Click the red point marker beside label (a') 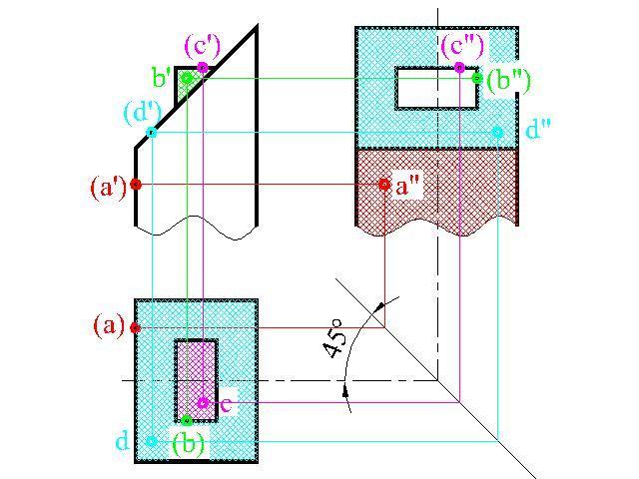point(136,185)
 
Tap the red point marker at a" point(384,185)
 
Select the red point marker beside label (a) point(136,327)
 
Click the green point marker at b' point(187,77)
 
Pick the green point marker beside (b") point(477,77)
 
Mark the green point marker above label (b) point(187,420)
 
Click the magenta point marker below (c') point(203,68)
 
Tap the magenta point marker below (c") point(459,68)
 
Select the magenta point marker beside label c point(203,403)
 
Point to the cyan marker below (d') point(152,133)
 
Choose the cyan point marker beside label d point(152,440)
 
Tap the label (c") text point(463,45)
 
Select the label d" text point(539,130)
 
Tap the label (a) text point(109,325)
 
